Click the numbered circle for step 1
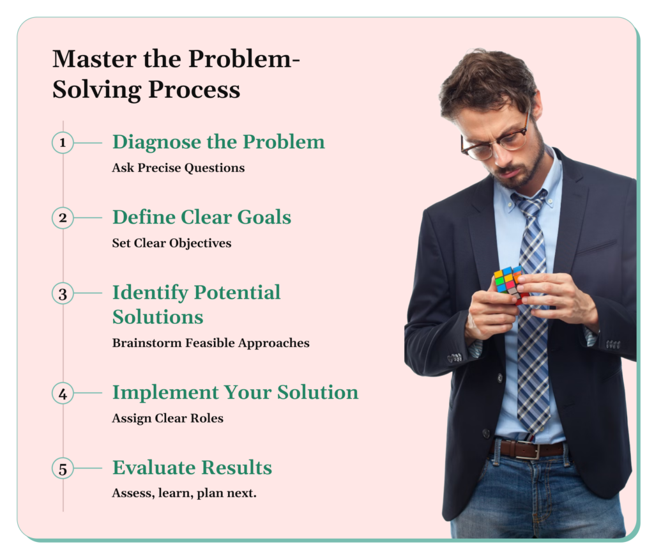[x=63, y=143]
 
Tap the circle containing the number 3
[x=63, y=294]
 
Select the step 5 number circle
[x=63, y=468]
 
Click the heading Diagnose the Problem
[x=218, y=142]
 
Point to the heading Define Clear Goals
[x=202, y=217]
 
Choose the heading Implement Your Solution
[x=235, y=392]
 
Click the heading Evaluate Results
[x=192, y=468]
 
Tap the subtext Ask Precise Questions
[x=178, y=168]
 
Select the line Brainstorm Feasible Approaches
[x=211, y=343]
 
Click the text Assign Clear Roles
[x=167, y=419]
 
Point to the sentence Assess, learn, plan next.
[x=184, y=494]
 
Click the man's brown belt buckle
[x=528, y=450]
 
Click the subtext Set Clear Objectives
[x=172, y=243]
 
